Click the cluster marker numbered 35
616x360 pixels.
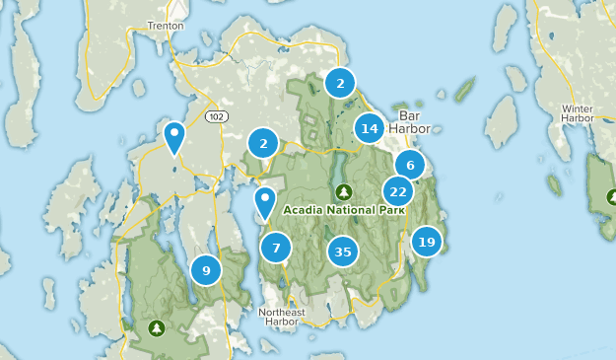coord(342,252)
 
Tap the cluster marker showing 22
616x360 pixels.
coord(398,192)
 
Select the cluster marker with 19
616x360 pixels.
coord(426,242)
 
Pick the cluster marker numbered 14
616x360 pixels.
coord(370,128)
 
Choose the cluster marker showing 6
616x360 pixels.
coord(409,165)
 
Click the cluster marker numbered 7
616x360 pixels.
coord(276,249)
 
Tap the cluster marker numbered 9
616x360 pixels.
coord(206,269)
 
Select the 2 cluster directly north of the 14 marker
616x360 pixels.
coord(340,84)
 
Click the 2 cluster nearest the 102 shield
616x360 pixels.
coord(262,144)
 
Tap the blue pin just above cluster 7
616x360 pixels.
coord(265,203)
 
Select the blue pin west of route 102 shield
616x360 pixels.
coord(174,137)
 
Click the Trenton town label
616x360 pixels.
coord(165,26)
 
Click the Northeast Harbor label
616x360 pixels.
coord(282,318)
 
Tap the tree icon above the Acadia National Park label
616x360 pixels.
coord(342,191)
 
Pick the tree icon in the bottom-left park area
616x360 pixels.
coord(155,326)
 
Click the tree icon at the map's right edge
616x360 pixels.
coord(608,195)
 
